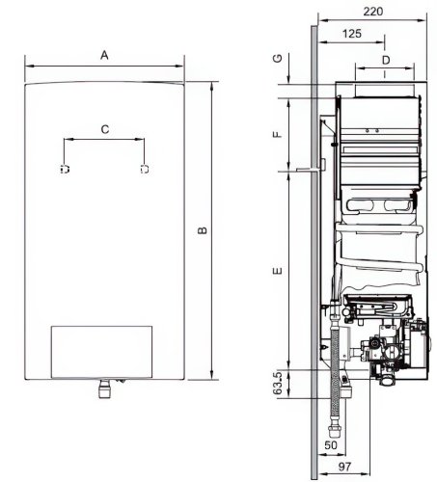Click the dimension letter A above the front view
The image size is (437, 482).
click(x=104, y=56)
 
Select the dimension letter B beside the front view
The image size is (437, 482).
click(x=202, y=229)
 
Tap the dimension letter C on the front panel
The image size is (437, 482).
click(x=104, y=127)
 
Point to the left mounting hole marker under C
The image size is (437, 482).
click(x=65, y=170)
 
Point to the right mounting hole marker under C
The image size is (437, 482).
click(x=144, y=170)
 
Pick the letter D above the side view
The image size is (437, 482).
click(x=386, y=60)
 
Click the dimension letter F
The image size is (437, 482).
click(x=277, y=134)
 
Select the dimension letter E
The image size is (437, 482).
click(x=277, y=273)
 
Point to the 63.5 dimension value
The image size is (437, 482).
click(x=277, y=386)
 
